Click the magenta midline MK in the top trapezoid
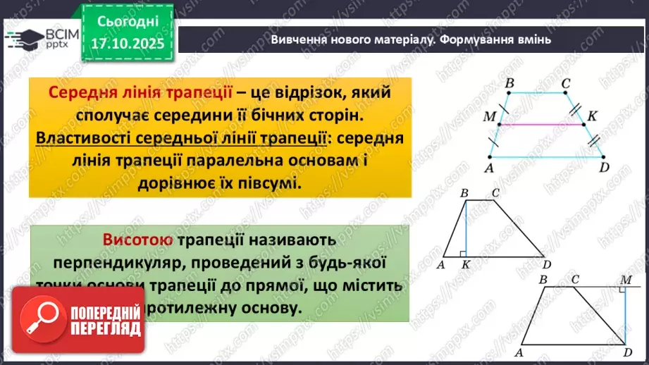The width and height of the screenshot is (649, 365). click(x=543, y=124)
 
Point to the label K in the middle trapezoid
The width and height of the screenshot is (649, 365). click(x=466, y=265)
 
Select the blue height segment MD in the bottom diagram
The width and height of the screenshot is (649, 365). click(x=624, y=317)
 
